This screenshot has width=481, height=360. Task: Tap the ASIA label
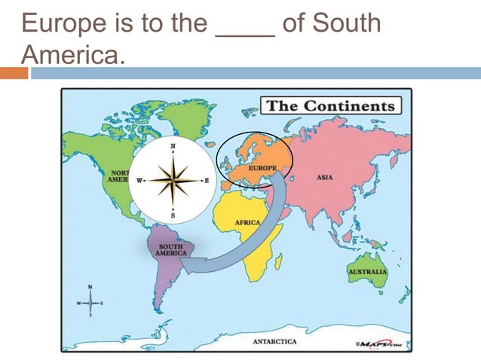click(325, 178)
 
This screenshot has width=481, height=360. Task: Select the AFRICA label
click(247, 224)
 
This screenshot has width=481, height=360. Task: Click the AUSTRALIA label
click(367, 271)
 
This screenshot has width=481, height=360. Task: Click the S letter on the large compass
click(173, 216)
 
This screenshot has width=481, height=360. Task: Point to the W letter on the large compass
click(139, 181)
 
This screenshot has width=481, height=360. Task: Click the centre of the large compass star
click(173, 181)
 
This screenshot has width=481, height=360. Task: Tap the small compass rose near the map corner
click(90, 303)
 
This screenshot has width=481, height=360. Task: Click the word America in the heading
click(68, 53)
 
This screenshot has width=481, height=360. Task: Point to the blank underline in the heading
click(245, 34)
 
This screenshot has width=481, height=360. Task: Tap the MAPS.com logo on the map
click(383, 344)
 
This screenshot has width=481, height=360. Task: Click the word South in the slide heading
click(346, 23)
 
